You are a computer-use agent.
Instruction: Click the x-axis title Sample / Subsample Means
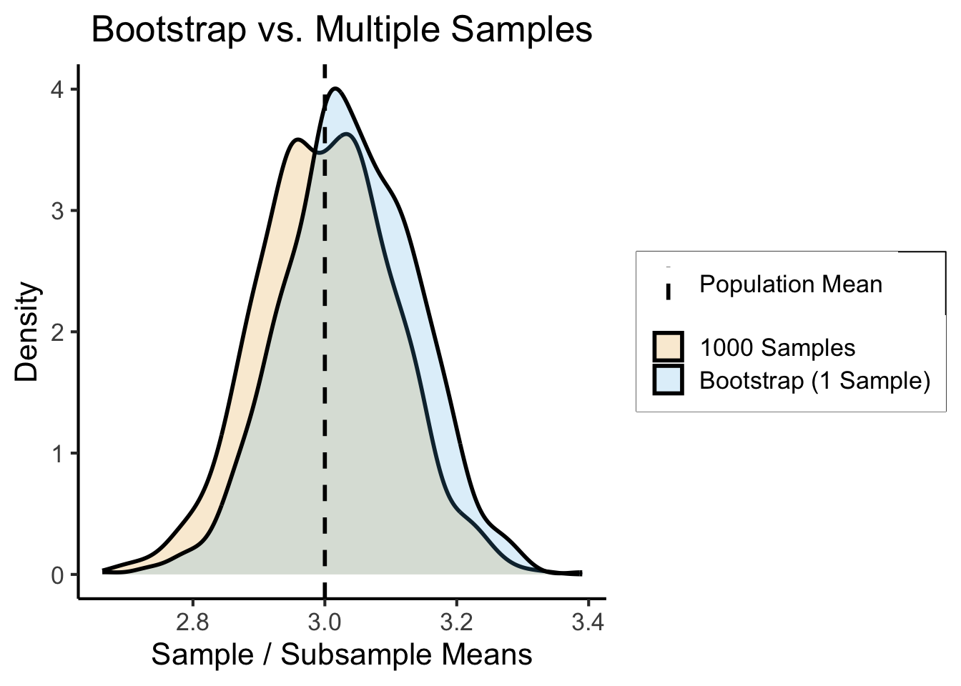click(342, 655)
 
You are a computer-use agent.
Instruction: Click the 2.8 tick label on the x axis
click(192, 622)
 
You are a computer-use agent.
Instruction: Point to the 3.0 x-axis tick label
click(325, 622)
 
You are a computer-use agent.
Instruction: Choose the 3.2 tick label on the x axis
click(457, 622)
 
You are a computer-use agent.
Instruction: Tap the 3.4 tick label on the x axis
click(588, 622)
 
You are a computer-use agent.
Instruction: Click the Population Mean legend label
click(790, 284)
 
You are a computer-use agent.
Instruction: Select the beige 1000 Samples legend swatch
click(668, 347)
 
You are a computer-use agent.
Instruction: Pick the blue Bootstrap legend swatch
click(668, 379)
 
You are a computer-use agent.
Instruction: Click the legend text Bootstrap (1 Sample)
click(814, 380)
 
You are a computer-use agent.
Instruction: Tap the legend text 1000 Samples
click(777, 348)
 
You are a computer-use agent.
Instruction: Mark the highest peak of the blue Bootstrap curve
click(335, 89)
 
